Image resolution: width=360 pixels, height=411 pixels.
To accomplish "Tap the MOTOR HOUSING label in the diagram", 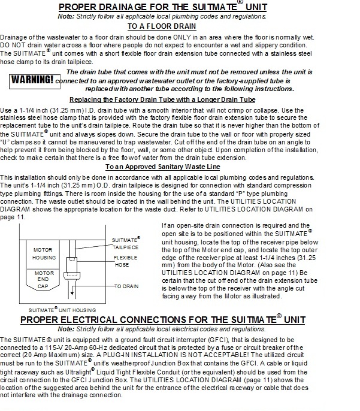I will coord(43,253).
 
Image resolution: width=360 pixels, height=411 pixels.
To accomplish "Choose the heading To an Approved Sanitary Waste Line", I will coord(180,166).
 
